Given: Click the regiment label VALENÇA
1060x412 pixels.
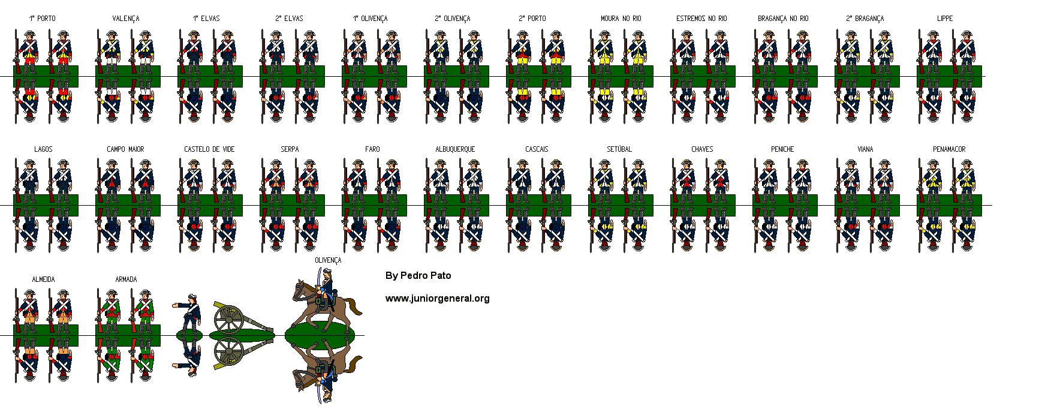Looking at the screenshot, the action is tap(126, 19).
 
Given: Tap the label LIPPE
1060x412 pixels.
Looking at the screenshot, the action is tap(945, 19).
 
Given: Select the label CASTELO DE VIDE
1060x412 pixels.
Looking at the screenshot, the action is tap(209, 149).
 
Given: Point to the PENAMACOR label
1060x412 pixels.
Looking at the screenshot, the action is tap(949, 149).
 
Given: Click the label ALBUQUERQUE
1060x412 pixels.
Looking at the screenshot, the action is tap(455, 149).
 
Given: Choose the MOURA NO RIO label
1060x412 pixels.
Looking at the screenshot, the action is tap(621, 19).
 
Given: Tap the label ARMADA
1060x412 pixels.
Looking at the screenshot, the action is tap(126, 279).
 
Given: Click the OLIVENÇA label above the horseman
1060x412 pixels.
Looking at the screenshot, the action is tap(328, 260).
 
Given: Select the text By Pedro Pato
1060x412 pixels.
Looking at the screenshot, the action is tap(418, 276).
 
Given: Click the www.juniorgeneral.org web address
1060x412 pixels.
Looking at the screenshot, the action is tap(437, 298).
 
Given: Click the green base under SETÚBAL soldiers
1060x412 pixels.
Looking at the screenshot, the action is tap(621, 205).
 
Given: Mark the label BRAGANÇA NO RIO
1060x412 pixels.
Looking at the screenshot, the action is tap(783, 19).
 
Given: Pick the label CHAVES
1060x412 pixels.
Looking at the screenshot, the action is tap(702, 149).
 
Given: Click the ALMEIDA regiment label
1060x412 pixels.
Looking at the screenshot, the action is tap(43, 279).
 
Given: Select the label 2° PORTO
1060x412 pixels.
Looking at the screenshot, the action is tap(532, 19).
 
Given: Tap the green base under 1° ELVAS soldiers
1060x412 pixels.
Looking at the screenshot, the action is tap(210, 76).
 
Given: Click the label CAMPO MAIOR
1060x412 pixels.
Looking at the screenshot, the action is tap(125, 149).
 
